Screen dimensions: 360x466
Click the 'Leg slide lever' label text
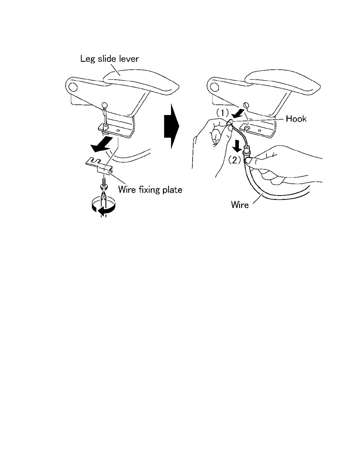coord(109,59)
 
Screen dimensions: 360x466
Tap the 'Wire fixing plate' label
coord(150,189)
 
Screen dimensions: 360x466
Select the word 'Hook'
coord(296,119)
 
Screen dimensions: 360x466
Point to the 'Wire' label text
coord(240,204)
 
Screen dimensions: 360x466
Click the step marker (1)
coord(223,112)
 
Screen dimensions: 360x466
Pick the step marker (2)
coord(234,160)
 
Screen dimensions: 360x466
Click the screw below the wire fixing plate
coord(104,184)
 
